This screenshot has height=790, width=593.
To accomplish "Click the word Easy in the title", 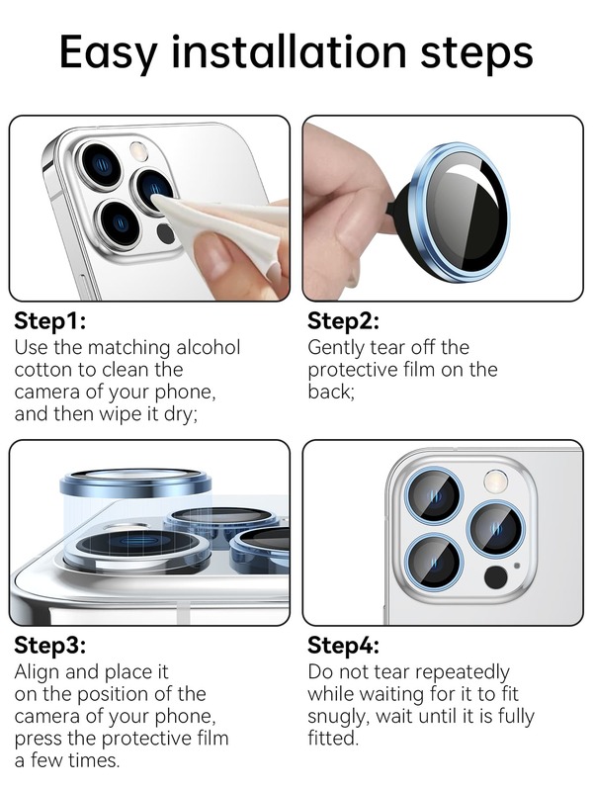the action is coord(109,52).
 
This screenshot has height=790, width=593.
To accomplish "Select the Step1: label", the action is coord(49,320).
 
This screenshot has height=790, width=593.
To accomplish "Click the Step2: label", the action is coord(343,321).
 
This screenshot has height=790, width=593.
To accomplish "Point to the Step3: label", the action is coord(49,645).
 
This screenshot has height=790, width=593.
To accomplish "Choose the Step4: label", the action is coord(343,645).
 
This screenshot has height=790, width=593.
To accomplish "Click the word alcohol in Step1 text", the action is coord(209,347).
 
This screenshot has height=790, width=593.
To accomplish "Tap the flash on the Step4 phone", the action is coord(496,481).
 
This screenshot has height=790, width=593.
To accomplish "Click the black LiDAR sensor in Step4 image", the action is coord(496,577).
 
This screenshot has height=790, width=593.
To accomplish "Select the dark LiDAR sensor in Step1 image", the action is coord(165,233).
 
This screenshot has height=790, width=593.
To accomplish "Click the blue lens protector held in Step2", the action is coord(460,213).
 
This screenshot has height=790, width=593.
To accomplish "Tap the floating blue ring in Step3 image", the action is coord(135,483).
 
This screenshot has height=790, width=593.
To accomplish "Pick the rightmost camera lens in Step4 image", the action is coord(496,529).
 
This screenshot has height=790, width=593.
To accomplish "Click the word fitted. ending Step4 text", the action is coord(333,739).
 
